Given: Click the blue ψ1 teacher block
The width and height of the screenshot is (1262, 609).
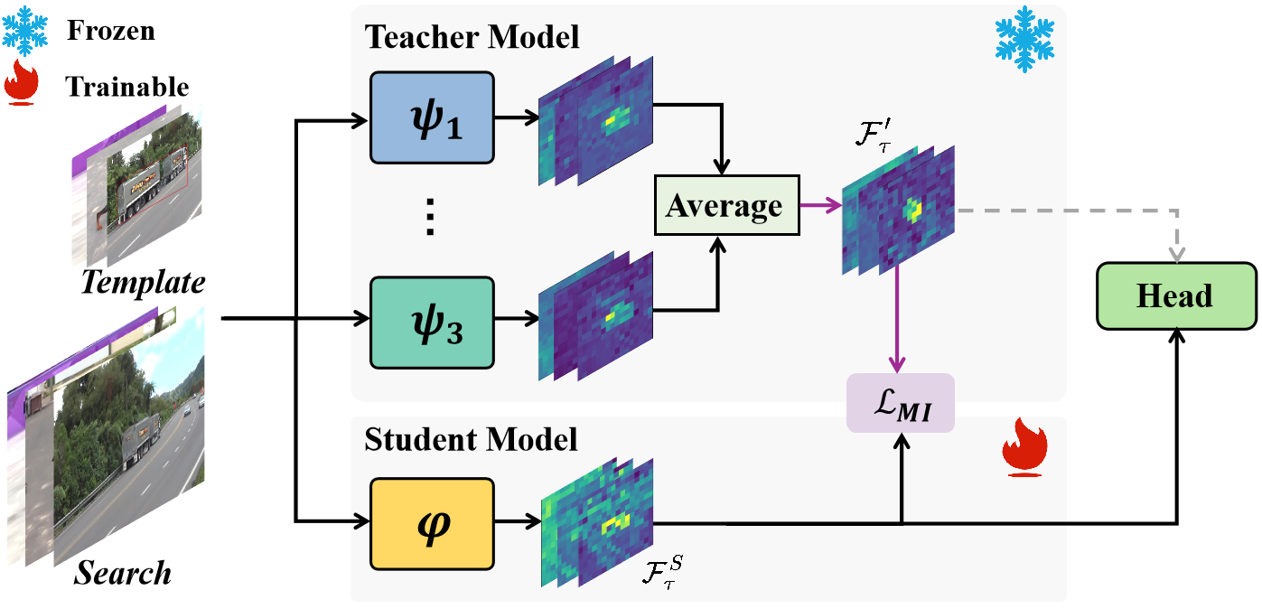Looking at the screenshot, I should pyautogui.click(x=433, y=118).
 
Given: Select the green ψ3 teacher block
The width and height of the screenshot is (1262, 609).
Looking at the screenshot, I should pyautogui.click(x=433, y=323).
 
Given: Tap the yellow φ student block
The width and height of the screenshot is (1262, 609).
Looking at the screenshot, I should pyautogui.click(x=433, y=524).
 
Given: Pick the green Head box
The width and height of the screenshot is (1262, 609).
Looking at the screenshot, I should pyautogui.click(x=1174, y=295).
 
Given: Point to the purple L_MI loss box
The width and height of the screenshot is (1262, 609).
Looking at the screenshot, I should pyautogui.click(x=900, y=403).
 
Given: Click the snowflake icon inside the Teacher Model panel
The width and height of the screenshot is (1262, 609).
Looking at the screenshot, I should pyautogui.click(x=1024, y=40).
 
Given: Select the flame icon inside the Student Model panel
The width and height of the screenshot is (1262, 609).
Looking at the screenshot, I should pyautogui.click(x=1024, y=446).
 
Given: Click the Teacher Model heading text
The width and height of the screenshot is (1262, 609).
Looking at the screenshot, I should pyautogui.click(x=472, y=38).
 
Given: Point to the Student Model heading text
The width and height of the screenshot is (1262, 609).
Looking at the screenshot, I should pyautogui.click(x=471, y=440).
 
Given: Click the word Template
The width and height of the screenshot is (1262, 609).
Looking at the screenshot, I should pyautogui.click(x=143, y=282).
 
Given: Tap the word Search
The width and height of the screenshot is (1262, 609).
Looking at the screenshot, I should pyautogui.click(x=123, y=572).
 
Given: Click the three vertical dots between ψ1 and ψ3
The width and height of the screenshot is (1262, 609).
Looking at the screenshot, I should pyautogui.click(x=431, y=218).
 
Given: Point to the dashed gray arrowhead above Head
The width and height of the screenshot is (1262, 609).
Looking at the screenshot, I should pyautogui.click(x=1175, y=255).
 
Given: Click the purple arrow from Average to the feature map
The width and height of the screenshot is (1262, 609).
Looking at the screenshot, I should pyautogui.click(x=821, y=207).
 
